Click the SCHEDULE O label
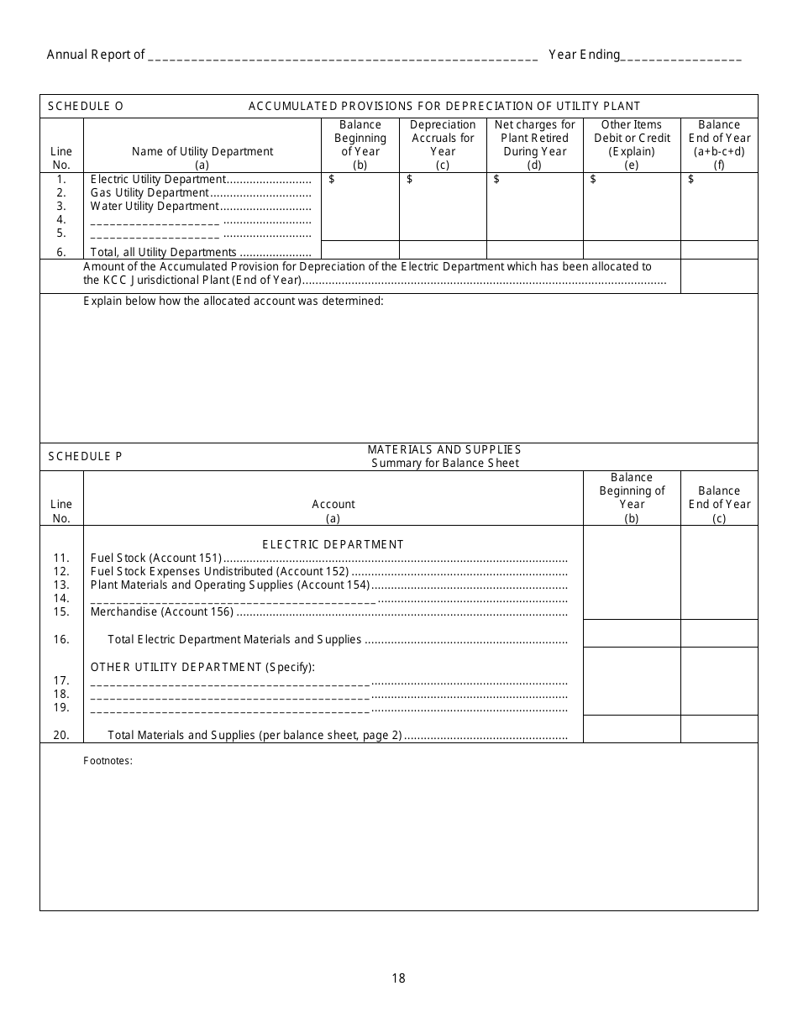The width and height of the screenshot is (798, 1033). [x=86, y=106]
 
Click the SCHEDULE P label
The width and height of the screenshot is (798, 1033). [x=85, y=456]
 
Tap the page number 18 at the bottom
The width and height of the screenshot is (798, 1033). [x=398, y=978]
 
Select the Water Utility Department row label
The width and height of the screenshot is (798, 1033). [x=155, y=206]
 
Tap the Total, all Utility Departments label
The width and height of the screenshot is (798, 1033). [x=164, y=252]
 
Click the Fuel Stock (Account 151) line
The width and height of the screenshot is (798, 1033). [x=156, y=558]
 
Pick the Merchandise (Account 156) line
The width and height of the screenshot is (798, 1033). [x=162, y=611]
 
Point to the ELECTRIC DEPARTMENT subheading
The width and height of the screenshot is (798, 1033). [x=333, y=544]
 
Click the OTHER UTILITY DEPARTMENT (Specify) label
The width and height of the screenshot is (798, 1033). [x=202, y=667]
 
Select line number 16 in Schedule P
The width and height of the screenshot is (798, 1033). [x=61, y=639]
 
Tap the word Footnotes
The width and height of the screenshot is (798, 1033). [x=108, y=762]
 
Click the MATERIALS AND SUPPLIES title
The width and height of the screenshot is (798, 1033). [x=444, y=449]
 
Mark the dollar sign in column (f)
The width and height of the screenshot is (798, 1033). [x=691, y=179]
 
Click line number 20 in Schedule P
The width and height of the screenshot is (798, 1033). [x=61, y=735]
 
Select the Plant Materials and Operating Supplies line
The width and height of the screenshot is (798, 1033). [x=229, y=585]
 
